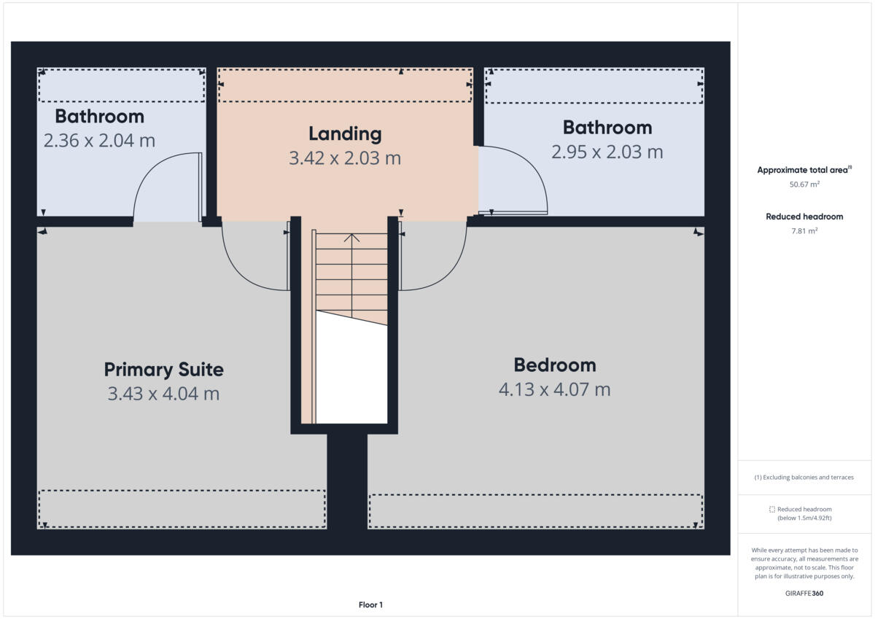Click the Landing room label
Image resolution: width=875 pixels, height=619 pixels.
345,134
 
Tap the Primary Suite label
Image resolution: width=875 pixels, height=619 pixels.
163,370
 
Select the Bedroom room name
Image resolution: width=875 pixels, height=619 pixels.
554,365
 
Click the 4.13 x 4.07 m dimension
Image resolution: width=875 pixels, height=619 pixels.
554,389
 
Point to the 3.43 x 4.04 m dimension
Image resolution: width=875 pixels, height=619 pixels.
163,394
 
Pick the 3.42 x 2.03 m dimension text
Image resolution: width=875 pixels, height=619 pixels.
345,157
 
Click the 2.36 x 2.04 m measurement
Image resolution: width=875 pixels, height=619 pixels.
99,140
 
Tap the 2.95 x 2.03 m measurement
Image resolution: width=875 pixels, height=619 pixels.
607,152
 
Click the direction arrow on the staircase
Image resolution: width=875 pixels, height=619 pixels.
352,238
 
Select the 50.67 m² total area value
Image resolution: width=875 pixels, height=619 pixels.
804,184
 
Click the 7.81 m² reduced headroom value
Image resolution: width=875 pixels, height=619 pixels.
804,231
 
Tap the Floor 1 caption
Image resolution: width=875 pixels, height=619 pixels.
370,604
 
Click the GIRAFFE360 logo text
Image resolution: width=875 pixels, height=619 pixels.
804,593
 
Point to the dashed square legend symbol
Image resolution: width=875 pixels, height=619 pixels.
772,510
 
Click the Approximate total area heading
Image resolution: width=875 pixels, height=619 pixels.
803,170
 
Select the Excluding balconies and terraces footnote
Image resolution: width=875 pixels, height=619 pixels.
804,478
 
